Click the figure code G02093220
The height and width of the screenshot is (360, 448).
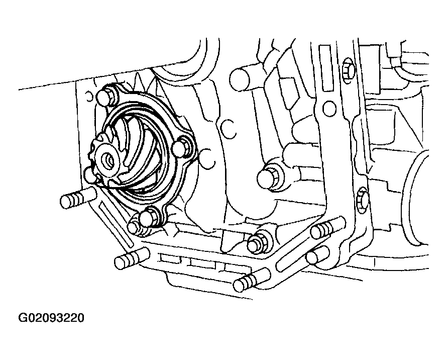click(51, 318)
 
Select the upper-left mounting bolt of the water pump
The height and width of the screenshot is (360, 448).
click(107, 96)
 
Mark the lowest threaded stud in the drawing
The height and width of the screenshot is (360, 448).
click(252, 280)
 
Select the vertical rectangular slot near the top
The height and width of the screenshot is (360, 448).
click(326, 68)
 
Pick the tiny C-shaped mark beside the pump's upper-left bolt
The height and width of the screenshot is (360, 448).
click(89, 97)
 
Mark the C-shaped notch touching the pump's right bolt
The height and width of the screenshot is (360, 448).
click(208, 158)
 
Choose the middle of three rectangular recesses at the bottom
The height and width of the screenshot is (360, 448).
click(203, 263)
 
